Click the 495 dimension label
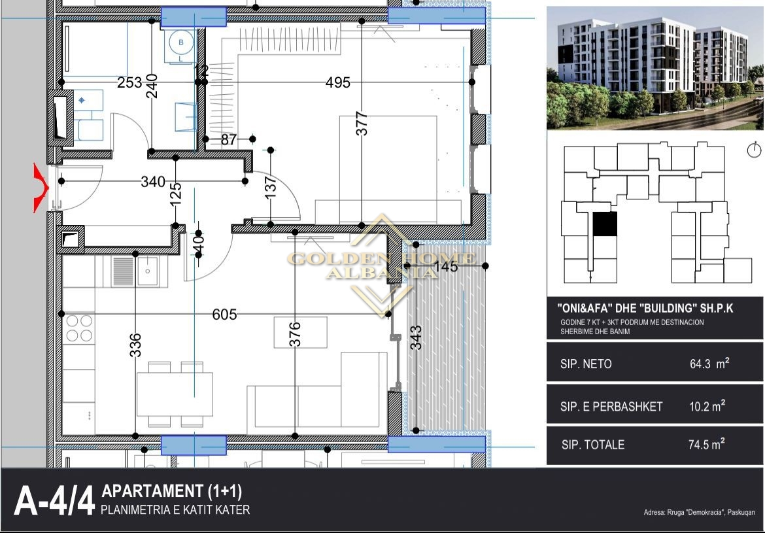tap(337, 82)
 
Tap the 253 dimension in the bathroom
tap(129, 82)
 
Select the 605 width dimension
tap(224, 315)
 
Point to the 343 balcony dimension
tap(416, 337)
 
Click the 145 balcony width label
tap(445, 266)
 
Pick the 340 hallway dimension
tap(153, 182)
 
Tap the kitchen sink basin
tap(148, 271)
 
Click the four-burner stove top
tap(80, 328)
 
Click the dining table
tap(175, 394)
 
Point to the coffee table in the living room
tap(300, 332)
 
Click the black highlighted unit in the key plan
tap(605, 224)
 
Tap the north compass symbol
tap(755, 150)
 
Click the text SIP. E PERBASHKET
tap(611, 407)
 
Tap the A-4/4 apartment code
tap(54, 501)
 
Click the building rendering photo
tap(654, 68)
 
